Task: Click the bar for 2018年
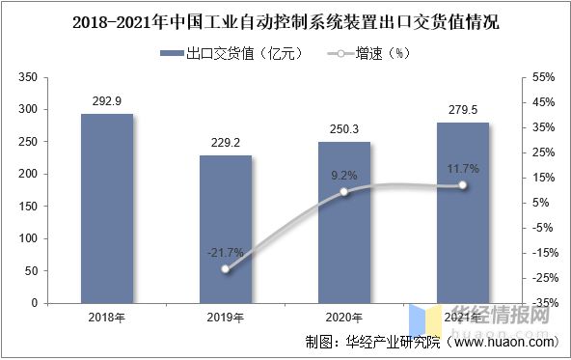(x=106, y=208)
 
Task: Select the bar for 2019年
(x=225, y=229)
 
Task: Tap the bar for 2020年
(x=343, y=222)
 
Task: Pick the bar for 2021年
(x=463, y=212)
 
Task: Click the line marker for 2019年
(x=226, y=269)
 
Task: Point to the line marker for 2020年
(x=344, y=192)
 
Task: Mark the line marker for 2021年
(x=463, y=185)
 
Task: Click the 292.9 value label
(x=106, y=98)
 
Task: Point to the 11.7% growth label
(x=463, y=169)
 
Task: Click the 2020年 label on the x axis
(x=343, y=318)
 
